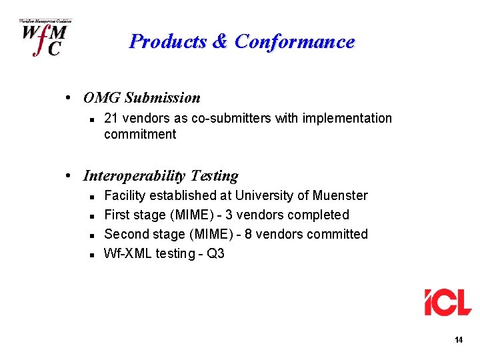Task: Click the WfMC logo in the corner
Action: coord(45,38)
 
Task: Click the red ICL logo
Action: coord(448,302)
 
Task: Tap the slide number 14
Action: coord(458,340)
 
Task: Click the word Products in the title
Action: coord(168,41)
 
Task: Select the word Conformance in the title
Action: coord(295,41)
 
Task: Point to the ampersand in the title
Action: coord(220,41)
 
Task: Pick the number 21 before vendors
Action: coord(111,118)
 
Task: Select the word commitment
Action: coord(140,134)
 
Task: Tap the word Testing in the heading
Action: coord(214,176)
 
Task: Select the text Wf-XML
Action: coord(127,253)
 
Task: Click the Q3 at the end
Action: coord(216,253)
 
